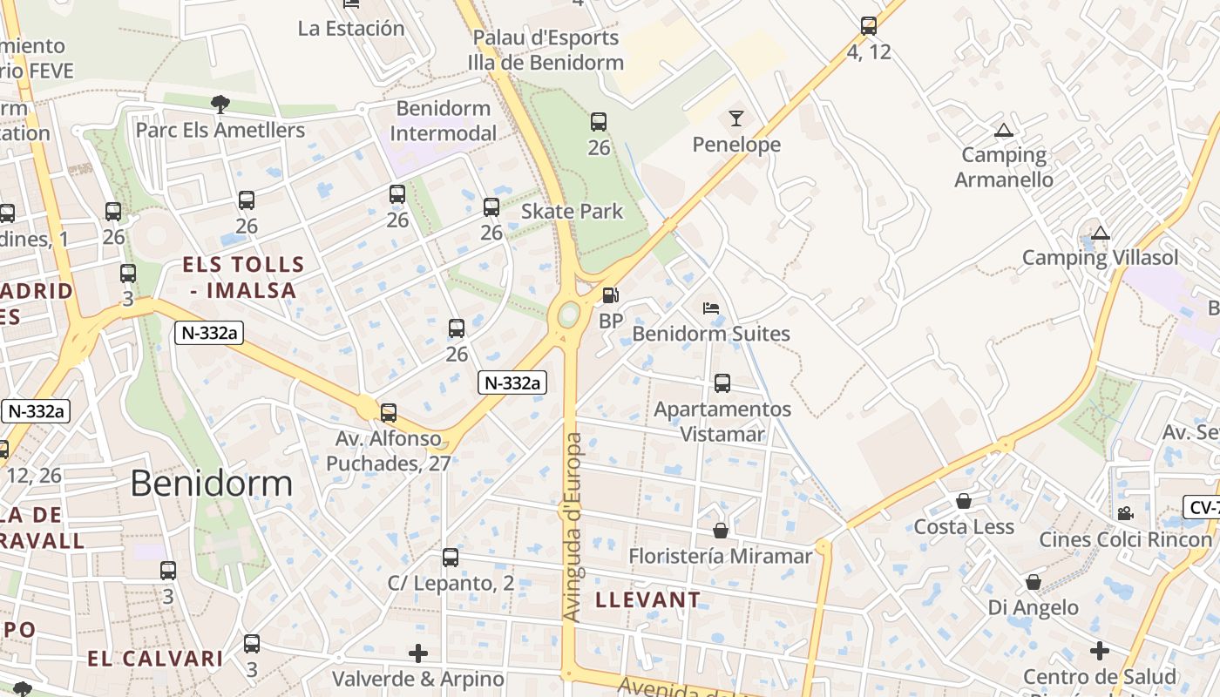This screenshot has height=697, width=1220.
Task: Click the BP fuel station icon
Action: point(611,296)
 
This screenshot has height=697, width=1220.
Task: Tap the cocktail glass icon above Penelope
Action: point(736,118)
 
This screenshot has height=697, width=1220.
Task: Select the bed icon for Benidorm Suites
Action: point(711,308)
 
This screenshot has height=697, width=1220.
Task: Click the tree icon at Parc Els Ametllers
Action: point(220,105)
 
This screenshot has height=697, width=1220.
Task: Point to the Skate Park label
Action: point(573,211)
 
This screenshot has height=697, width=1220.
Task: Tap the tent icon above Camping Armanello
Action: point(1003,131)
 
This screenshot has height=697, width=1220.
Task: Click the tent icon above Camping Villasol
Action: point(1101,233)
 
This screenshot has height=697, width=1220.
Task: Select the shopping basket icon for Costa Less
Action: point(964,501)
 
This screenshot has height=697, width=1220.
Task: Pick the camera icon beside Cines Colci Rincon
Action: point(1125,513)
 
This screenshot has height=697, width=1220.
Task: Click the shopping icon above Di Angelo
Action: point(1034,581)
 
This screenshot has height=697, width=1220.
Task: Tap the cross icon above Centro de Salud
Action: point(1100,651)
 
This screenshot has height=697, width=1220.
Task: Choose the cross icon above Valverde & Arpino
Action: point(418,653)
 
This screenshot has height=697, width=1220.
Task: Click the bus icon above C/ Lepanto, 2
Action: point(451,558)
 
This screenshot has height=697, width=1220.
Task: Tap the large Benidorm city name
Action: point(211,483)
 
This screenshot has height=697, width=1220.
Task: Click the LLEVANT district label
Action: point(647,599)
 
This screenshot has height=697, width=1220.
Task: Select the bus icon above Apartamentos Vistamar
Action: point(722,382)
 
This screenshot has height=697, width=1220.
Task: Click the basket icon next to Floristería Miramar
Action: point(721,530)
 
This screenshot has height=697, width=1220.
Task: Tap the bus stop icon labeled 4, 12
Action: point(869,26)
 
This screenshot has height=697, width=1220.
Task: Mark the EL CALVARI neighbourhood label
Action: point(155,658)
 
